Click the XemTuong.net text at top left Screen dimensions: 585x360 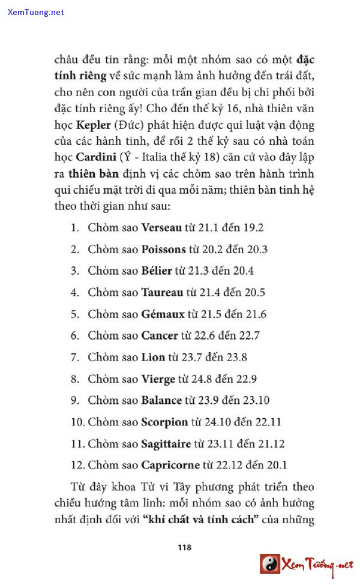(36, 12)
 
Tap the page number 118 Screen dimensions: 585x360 (184, 547)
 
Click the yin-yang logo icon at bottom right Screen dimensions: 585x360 (270, 563)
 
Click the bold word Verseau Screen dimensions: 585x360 (161, 228)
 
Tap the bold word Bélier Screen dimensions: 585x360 (157, 271)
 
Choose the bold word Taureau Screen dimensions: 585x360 (162, 293)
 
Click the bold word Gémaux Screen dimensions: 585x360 (163, 314)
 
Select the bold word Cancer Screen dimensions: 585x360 (160, 336)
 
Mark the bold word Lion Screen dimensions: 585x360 (153, 358)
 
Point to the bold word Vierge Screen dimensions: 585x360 (158, 379)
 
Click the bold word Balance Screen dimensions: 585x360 (161, 401)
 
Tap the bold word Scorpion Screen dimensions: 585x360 (164, 422)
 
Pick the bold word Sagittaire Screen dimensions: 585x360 (166, 444)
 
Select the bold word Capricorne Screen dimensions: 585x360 (170, 465)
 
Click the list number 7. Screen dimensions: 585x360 (74, 358)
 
